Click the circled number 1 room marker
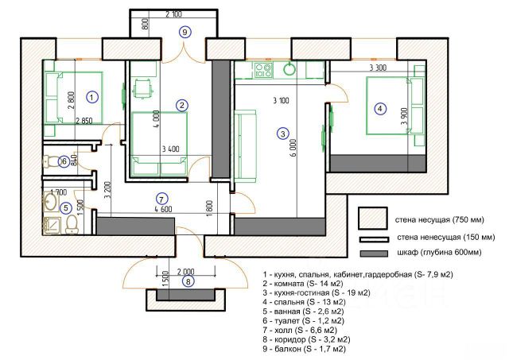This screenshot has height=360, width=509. tap(92, 97)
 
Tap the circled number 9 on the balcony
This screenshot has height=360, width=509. tap(185, 32)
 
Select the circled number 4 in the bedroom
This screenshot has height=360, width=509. tap(380, 108)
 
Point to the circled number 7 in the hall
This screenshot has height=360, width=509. tap(161, 199)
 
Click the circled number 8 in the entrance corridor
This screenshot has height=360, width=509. tap(188, 281)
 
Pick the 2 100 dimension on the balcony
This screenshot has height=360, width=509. tap(173, 14)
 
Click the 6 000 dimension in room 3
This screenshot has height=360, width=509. tap(293, 149)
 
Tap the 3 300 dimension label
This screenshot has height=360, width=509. tap(379, 68)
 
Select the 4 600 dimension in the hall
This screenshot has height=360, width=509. tap(163, 209)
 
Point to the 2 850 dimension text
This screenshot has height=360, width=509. tap(84, 121)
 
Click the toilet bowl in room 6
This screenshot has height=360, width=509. tap(49, 161)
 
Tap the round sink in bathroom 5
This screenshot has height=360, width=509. tap(50, 201)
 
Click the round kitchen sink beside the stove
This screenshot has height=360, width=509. tap(289, 69)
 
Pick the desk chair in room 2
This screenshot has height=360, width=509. tap(143, 88)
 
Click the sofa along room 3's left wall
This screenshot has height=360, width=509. tap(245, 145)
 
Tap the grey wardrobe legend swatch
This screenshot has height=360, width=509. tap(374, 254)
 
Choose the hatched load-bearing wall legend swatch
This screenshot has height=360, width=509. tap(373, 219)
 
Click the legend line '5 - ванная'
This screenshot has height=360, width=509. tap(303, 312)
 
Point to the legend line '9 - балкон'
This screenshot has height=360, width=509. tap(304, 349)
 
